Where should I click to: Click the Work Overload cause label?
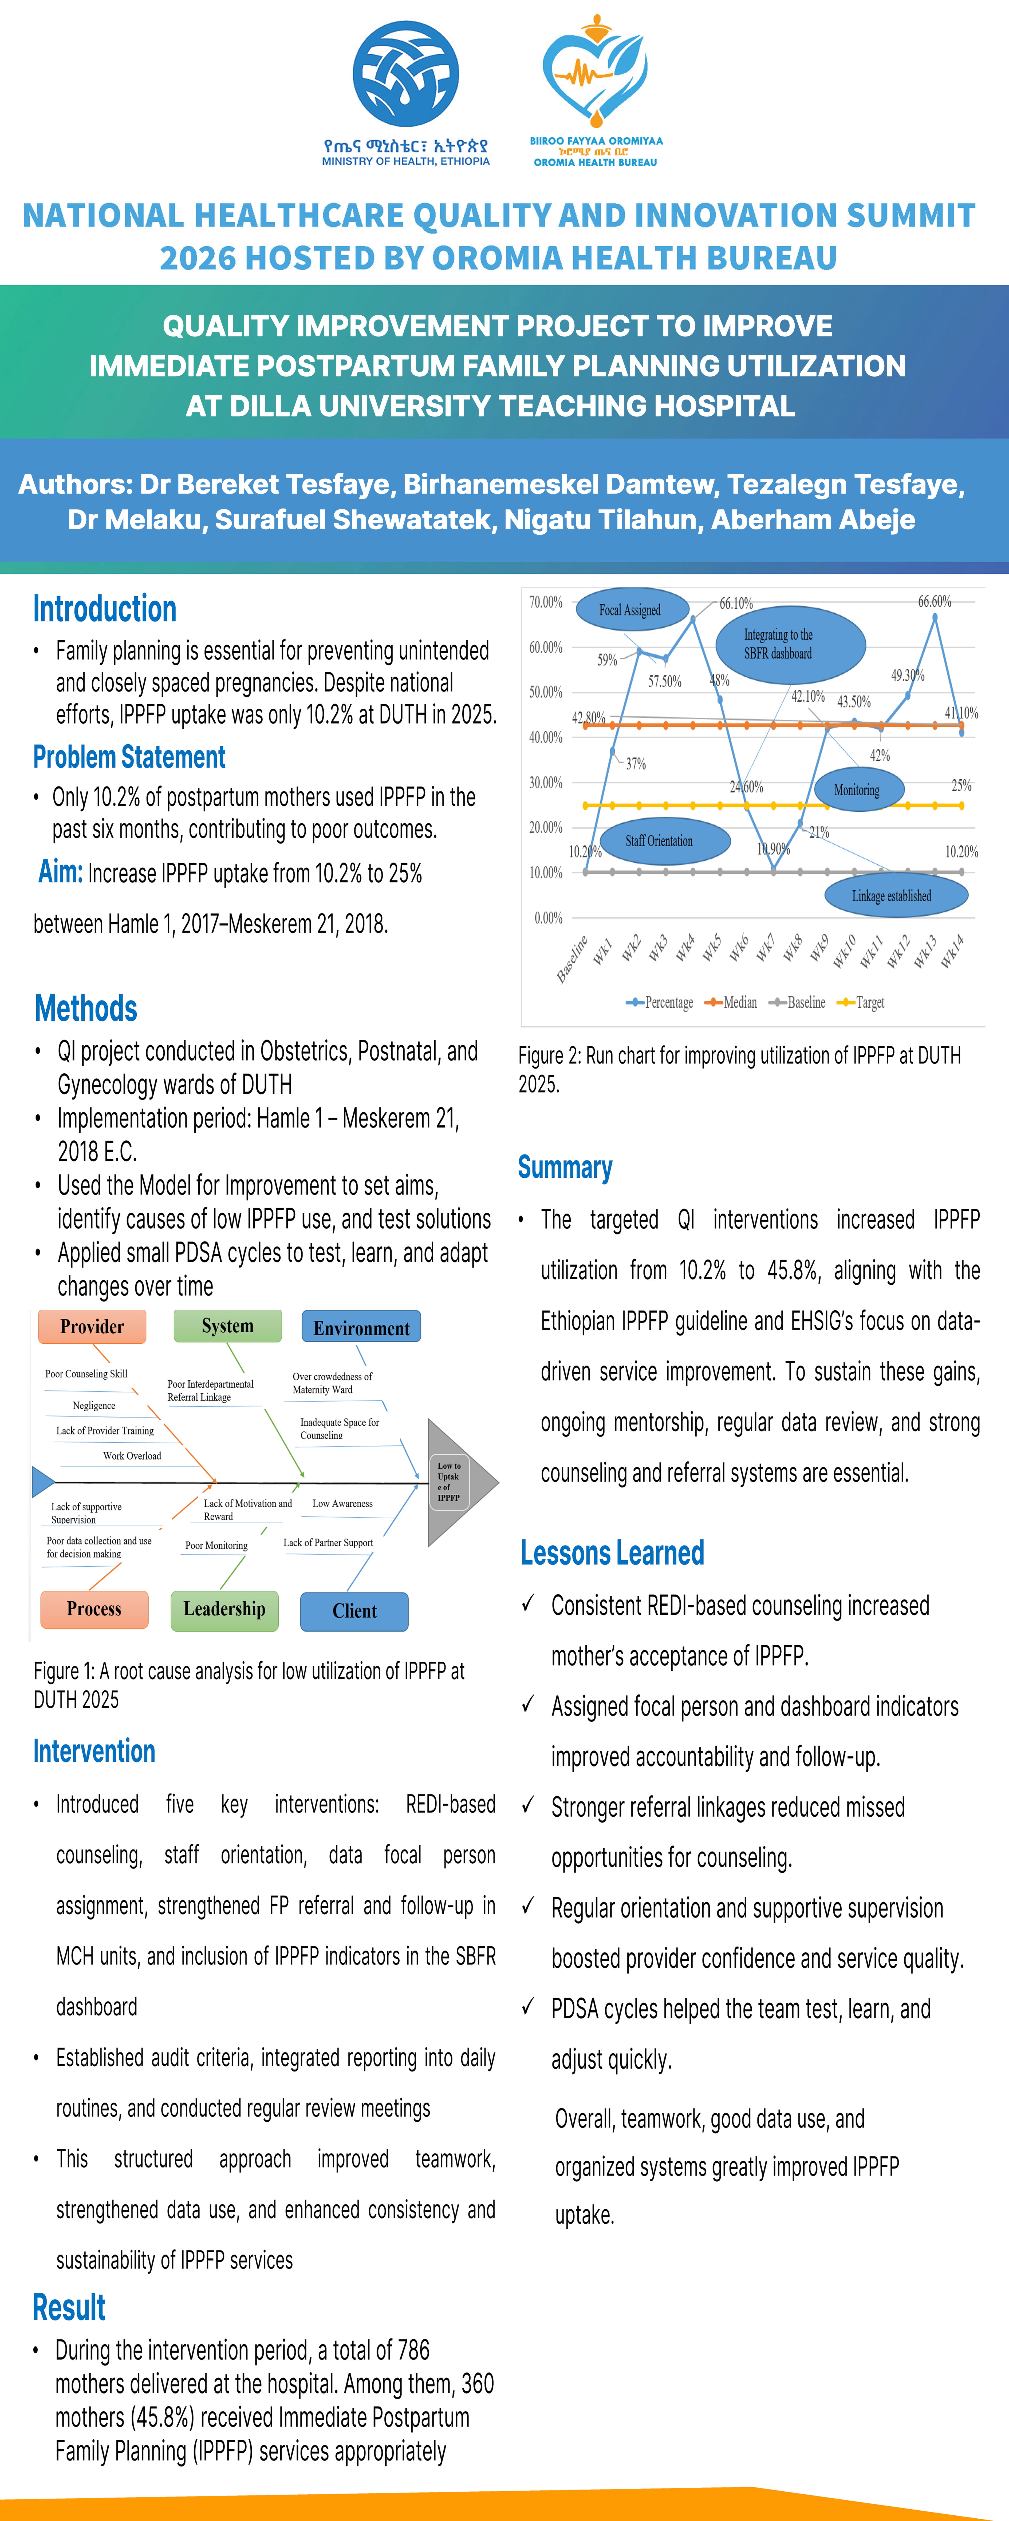coord(132,1456)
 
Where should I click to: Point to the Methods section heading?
coord(86,1008)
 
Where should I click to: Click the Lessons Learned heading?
coord(613,1553)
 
